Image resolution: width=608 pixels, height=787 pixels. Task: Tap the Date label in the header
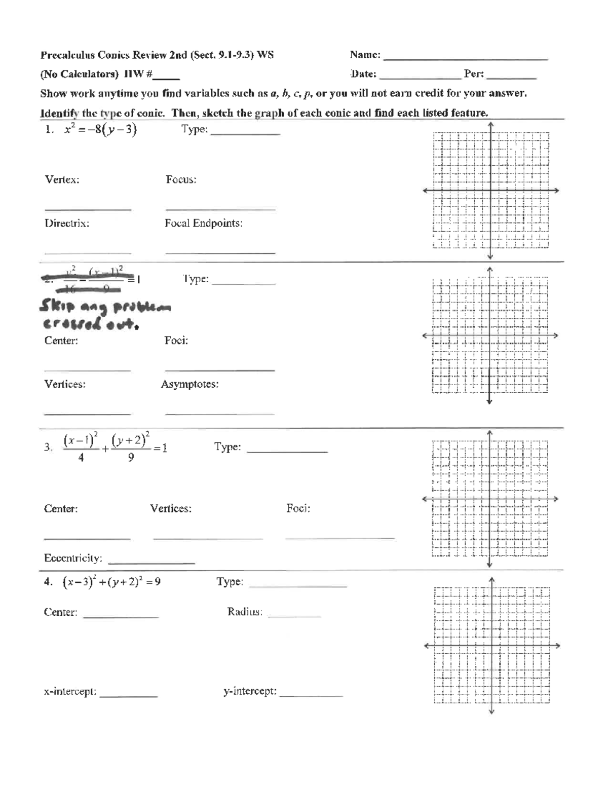[363, 74]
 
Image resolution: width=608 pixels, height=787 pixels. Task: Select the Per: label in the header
[474, 74]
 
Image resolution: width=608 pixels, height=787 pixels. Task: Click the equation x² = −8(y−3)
[100, 130]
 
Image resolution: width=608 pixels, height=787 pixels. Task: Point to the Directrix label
[67, 223]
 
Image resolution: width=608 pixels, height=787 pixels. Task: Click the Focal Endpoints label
[203, 223]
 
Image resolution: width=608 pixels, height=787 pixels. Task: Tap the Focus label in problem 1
[181, 180]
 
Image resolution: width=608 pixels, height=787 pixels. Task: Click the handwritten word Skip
[57, 307]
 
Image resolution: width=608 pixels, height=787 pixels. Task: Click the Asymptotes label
[189, 385]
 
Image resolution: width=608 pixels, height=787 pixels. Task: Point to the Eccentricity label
[73, 558]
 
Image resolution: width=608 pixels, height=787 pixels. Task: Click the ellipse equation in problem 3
[115, 447]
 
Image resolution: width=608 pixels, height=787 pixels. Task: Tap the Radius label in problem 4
[245, 612]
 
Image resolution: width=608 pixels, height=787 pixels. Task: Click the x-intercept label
[70, 692]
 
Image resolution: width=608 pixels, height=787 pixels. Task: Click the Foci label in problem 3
[298, 509]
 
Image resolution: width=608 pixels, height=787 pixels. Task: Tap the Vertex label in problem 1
[62, 180]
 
